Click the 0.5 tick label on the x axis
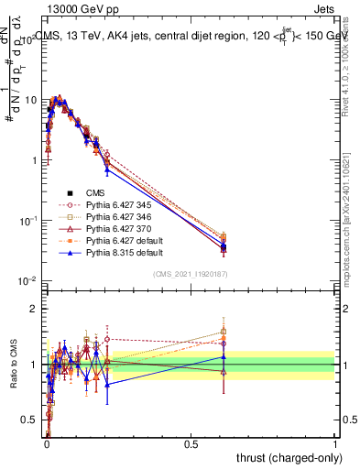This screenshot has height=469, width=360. coord(191,444)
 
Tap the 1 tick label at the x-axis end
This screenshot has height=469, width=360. coord(335,444)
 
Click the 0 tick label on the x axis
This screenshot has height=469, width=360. coord(46,444)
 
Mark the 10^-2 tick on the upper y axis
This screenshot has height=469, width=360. coord(27,281)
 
